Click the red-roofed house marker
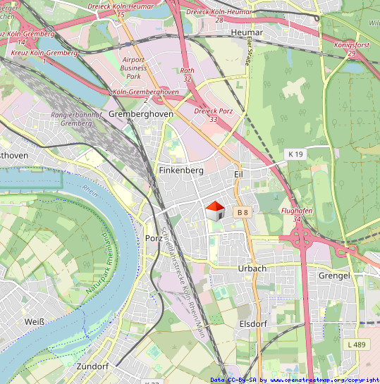[214, 209]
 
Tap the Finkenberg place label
[181, 171]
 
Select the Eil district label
[238, 173]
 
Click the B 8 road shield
[243, 212]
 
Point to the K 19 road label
[295, 154]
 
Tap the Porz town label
[154, 237]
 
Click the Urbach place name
[252, 268]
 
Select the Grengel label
[334, 275]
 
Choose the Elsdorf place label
[253, 324]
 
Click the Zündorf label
[92, 367]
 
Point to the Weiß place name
[35, 322]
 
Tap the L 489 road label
[357, 345]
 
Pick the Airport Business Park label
[134, 68]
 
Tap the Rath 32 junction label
[187, 75]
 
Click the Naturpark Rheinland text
[99, 264]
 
